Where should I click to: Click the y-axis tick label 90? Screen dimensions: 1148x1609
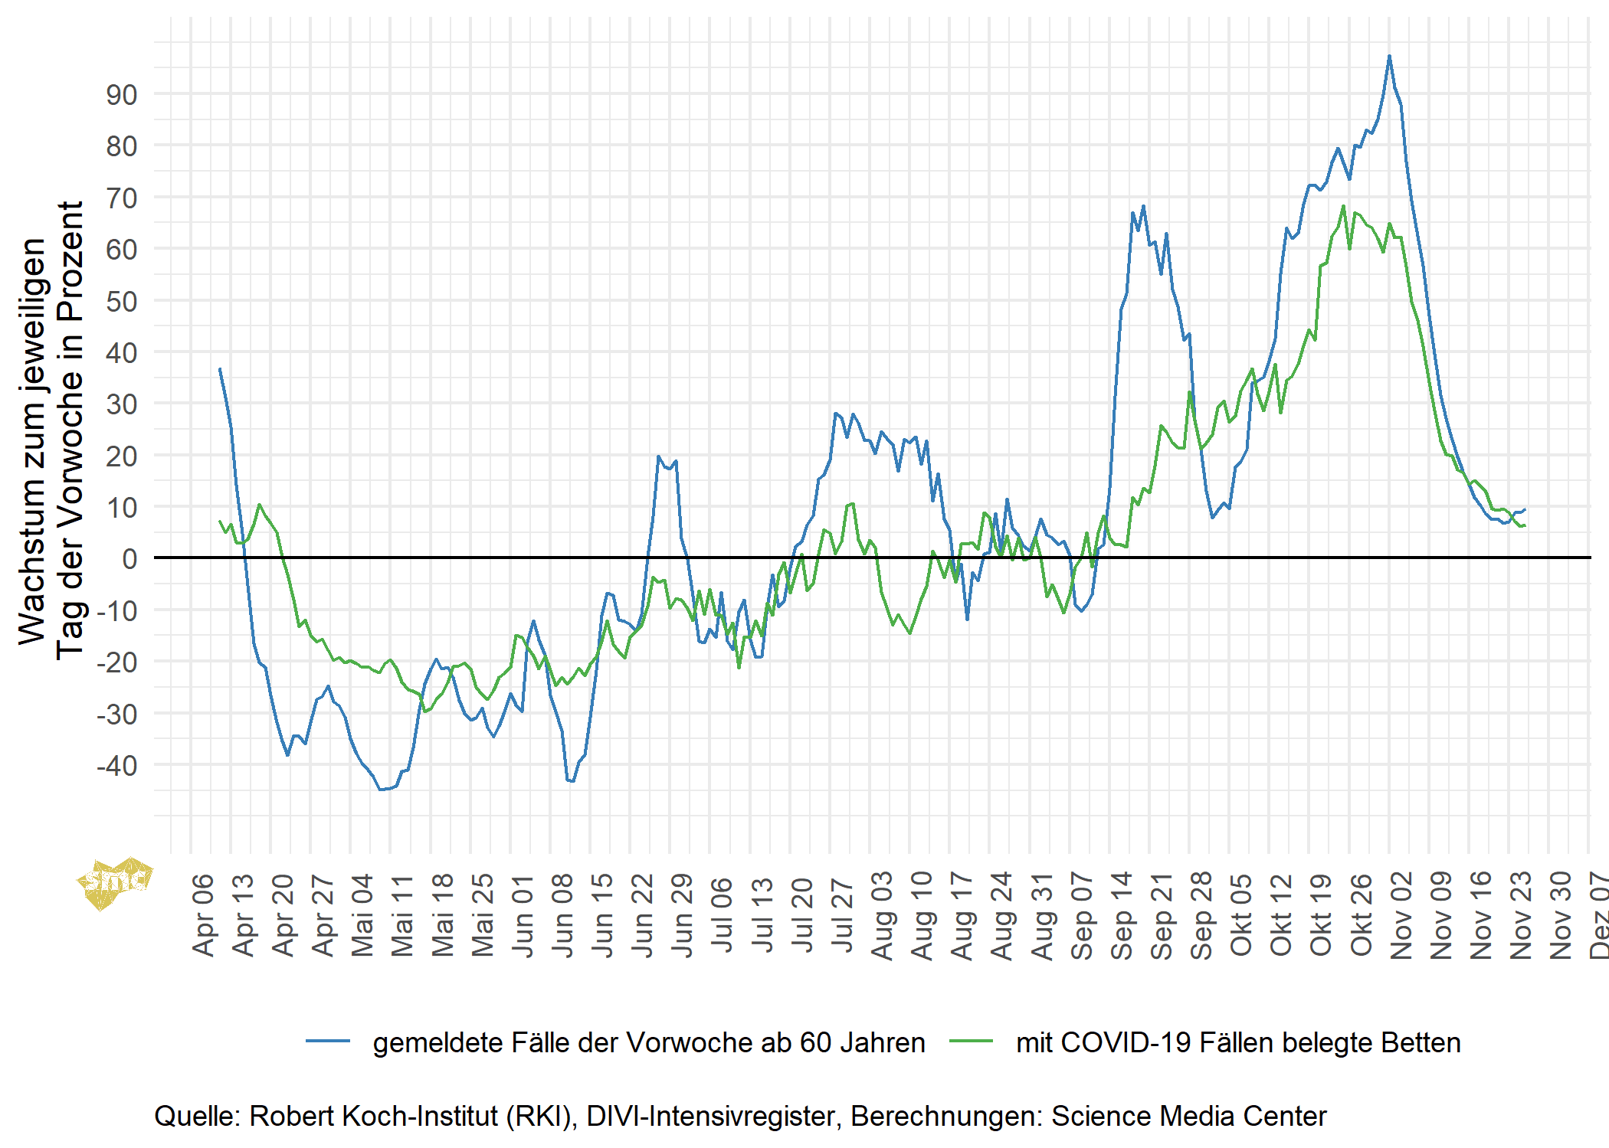122,95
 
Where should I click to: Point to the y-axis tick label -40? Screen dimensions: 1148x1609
117,765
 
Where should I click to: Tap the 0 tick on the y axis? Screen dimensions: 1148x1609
129,558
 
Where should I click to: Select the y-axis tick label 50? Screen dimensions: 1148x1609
122,301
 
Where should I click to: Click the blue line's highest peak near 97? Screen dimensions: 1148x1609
1389,56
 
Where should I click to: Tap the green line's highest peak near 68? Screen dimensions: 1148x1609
1343,205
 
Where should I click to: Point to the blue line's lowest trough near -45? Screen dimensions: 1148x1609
381,790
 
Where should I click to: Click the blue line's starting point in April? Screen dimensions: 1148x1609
220,368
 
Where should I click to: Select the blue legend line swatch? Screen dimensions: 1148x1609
328,1042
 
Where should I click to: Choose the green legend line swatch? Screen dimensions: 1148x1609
971,1042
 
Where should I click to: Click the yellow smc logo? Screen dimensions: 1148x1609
115,882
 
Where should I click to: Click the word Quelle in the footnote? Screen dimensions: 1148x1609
197,1116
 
